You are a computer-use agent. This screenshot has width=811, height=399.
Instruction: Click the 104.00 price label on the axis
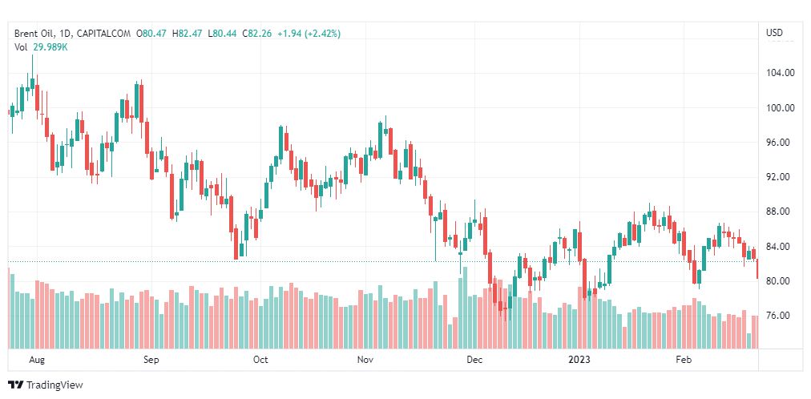point(780,73)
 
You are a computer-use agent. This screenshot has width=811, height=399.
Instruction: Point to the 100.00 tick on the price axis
point(780,108)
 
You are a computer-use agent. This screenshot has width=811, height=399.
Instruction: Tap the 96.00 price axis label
point(780,143)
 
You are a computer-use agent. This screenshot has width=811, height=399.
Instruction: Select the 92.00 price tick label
point(780,177)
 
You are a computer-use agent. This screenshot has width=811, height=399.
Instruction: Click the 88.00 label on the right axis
point(780,212)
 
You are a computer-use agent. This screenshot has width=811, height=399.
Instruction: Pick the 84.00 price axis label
point(780,246)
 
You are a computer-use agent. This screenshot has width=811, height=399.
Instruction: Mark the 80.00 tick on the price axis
point(780,281)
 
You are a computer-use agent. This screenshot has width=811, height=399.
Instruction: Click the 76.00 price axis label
point(780,316)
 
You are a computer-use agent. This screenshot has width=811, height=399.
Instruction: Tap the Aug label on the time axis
point(36,360)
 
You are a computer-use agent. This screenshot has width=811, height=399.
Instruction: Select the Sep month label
point(151,360)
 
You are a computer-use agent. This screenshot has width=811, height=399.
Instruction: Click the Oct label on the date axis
point(260,360)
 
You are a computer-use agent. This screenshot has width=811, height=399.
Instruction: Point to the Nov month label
point(365,360)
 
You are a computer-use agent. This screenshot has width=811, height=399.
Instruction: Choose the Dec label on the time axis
point(474,360)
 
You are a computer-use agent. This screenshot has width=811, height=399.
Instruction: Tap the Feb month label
point(683,360)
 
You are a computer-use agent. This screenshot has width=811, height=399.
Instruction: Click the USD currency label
point(775,34)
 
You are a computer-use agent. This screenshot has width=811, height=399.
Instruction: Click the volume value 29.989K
point(50,47)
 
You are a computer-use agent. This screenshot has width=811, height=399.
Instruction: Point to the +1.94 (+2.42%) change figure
point(309,34)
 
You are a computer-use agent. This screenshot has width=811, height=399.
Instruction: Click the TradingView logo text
point(54,385)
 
